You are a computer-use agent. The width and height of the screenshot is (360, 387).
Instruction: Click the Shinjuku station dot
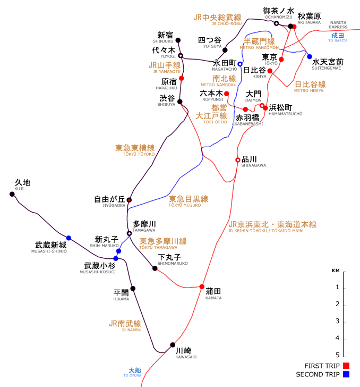click(178, 40)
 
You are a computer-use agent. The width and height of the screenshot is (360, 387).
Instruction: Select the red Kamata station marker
click(202, 287)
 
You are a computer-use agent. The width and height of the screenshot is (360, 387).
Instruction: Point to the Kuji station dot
click(12, 194)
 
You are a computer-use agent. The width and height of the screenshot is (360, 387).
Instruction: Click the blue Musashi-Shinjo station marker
click(68, 238)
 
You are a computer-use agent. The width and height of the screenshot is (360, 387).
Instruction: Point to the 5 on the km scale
click(337, 355)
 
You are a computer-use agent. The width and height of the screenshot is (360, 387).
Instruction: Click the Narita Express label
click(338, 24)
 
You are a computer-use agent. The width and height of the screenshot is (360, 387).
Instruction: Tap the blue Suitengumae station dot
click(310, 56)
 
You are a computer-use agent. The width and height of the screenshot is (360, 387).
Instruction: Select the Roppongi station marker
click(227, 94)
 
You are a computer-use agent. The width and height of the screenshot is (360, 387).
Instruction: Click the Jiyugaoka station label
click(110, 201)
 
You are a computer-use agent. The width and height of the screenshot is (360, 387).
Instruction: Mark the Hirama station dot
click(133, 289)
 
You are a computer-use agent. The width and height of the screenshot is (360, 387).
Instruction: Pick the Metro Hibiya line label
click(310, 86)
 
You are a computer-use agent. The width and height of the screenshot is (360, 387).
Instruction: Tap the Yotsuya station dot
click(225, 50)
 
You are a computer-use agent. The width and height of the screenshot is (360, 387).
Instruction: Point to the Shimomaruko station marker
click(155, 268)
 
